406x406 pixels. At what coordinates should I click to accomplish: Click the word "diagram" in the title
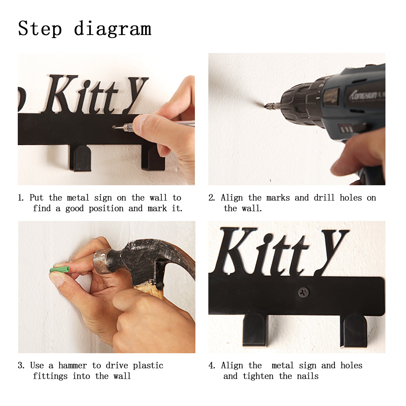pos(113,29)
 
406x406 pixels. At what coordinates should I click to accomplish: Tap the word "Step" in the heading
pos(40,29)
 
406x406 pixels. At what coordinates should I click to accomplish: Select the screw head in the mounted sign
pos(303,292)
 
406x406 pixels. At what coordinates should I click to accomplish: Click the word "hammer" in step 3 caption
pos(73,365)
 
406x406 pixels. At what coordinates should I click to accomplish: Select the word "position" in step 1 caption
pos(106,209)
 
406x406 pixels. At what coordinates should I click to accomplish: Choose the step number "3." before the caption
pos(21,366)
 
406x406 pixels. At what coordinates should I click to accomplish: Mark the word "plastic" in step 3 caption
pos(148,366)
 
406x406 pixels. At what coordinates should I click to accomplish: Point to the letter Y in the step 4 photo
pos(331,251)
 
